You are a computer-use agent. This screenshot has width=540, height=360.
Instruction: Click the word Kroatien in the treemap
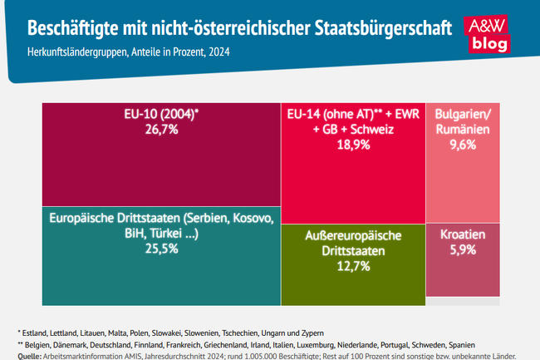pos(463,234)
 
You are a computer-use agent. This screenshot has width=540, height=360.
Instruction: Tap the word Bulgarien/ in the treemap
pos(463,115)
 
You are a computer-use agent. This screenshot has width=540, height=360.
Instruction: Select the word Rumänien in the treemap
pos(463,130)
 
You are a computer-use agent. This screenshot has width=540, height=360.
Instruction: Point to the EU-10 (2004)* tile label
pos(158,114)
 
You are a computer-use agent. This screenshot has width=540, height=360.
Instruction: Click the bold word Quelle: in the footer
pos(30,355)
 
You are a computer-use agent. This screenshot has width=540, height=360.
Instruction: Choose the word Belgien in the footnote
pos(43,344)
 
